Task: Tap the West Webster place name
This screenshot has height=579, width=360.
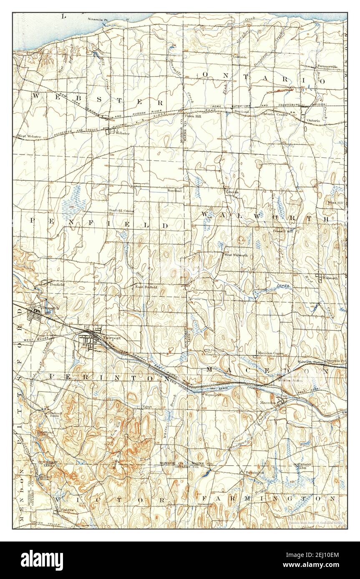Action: point(28,136)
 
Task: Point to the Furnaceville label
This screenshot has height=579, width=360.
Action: point(327,67)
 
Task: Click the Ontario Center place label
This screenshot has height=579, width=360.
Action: point(274,114)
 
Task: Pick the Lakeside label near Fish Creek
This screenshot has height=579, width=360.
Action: point(240,57)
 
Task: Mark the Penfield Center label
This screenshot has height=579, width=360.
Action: point(121,211)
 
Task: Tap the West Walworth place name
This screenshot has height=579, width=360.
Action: point(236,255)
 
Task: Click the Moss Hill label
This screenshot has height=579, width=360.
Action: point(336,203)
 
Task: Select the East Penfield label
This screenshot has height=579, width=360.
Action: point(146,287)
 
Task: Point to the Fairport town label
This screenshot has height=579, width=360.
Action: point(111,338)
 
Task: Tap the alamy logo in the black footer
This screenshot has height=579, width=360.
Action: point(43,560)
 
